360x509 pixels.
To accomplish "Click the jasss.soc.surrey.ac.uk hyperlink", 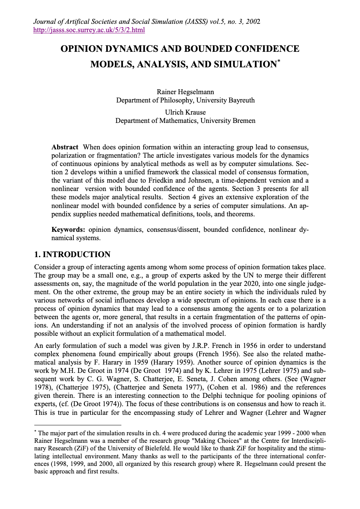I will tap(89, 30).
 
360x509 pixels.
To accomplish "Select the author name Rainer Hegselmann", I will tap(185, 92).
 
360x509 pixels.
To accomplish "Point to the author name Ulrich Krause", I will tap(185, 112).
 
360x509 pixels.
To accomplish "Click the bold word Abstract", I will tap(65, 147).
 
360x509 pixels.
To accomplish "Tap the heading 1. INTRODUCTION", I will tap(72, 254).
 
